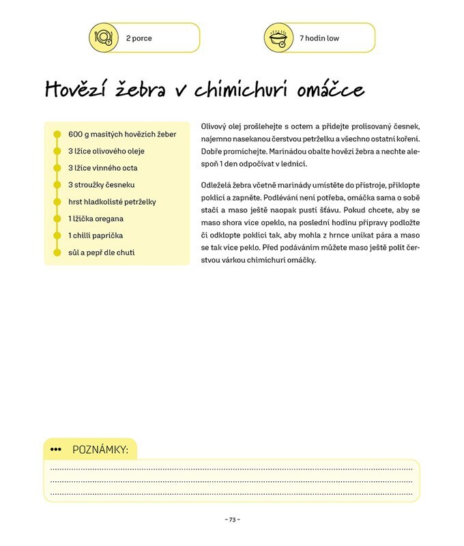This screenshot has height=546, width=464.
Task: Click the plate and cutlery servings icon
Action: (104, 38)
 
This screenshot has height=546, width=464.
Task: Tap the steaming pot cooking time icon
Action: (278, 38)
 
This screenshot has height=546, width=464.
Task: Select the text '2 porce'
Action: (139, 38)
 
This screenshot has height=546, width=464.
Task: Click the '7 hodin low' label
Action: (319, 38)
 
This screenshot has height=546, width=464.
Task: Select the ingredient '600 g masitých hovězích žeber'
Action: (122, 134)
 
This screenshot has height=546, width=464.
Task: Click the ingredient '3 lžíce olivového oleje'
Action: (106, 151)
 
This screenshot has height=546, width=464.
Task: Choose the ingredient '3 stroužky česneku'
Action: (102, 185)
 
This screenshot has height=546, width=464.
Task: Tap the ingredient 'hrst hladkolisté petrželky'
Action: (113, 202)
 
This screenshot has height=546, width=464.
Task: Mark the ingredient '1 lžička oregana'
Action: (96, 219)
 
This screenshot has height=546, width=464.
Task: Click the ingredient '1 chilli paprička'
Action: (96, 235)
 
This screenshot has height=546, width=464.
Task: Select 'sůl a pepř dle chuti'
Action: (102, 253)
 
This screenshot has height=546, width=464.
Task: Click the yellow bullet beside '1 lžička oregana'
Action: (57, 219)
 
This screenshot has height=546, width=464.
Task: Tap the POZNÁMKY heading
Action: (100, 450)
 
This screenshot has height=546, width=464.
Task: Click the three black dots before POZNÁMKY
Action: (56, 450)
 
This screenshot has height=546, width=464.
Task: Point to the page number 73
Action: (232, 519)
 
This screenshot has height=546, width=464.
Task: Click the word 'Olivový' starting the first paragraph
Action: (216, 127)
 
